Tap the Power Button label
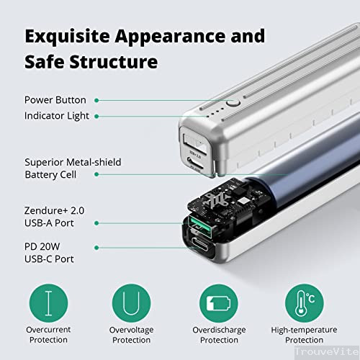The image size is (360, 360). click(55, 100)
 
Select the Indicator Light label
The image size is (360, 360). click(58, 115)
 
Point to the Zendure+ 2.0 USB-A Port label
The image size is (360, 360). click(53, 217)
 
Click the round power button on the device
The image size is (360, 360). click(232, 104)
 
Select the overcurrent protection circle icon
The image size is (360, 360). click(48, 303)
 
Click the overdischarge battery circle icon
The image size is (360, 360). click(218, 303)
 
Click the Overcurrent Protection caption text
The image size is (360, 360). click(48, 334)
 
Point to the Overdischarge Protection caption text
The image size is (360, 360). click(219, 334)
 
